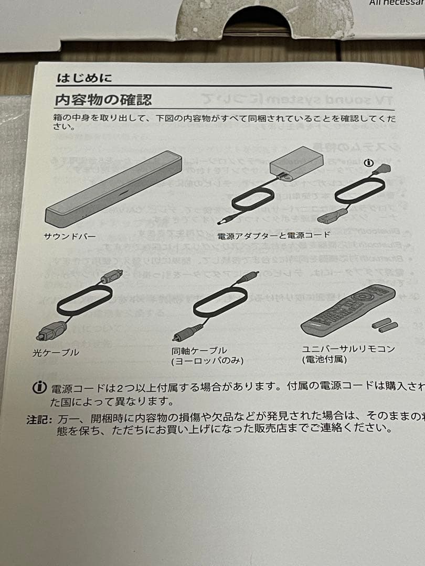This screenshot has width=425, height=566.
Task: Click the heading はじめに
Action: (84, 79)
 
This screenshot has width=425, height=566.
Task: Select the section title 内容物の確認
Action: (103, 99)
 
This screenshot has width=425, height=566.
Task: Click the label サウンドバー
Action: (69, 236)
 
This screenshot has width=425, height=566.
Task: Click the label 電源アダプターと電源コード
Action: (274, 234)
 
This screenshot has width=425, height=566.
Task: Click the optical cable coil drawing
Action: (84, 301)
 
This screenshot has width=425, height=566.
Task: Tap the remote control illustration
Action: (347, 309)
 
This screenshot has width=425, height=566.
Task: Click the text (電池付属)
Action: (324, 360)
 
